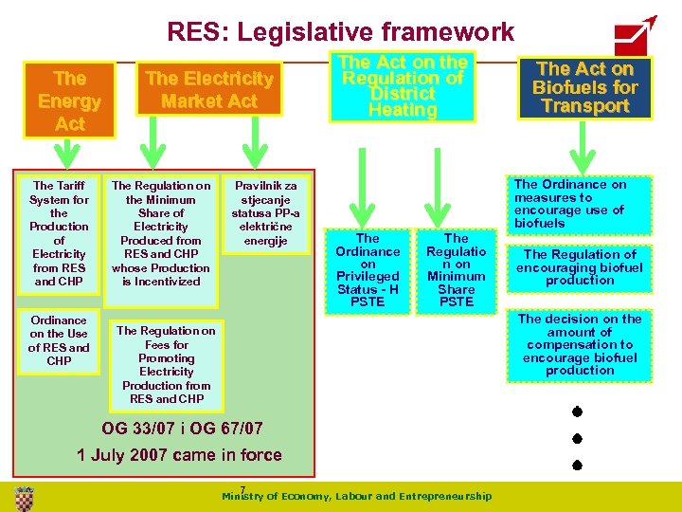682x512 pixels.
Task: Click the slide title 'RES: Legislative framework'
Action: click(340, 32)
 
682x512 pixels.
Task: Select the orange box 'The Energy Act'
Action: click(69, 101)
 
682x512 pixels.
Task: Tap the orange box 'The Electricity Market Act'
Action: click(209, 89)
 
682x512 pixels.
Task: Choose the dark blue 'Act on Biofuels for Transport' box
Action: click(584, 87)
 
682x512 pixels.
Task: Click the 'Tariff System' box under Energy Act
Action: click(59, 233)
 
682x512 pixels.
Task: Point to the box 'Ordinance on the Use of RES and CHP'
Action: click(59, 340)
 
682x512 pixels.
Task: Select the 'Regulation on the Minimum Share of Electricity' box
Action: click(161, 233)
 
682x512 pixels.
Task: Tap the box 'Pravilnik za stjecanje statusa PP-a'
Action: click(265, 214)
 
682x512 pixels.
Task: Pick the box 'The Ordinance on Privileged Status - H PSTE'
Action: click(368, 270)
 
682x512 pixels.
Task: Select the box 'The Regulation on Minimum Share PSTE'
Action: click(456, 270)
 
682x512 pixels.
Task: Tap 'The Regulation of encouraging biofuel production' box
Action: click(581, 267)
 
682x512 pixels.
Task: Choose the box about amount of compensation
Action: click(581, 345)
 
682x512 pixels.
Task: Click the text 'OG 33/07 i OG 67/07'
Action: click(182, 428)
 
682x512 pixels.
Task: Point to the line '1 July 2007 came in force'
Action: click(179, 455)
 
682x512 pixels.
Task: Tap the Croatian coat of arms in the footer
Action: click(25, 496)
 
